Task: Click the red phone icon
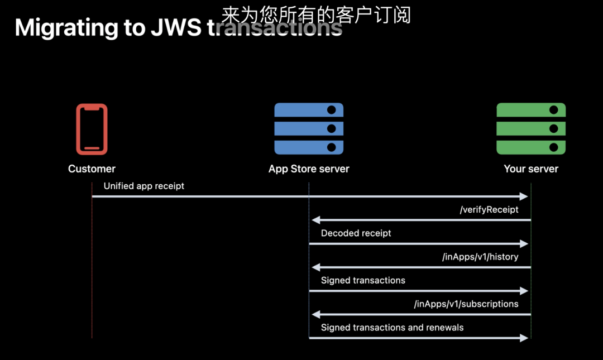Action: pos(92,129)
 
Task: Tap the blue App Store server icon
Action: pos(309,129)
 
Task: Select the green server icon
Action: pos(531,129)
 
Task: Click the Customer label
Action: pos(92,169)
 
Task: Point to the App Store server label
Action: pos(309,169)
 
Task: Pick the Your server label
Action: pos(531,169)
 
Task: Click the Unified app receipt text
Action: pos(144,186)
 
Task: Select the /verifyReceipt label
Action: pos(489,210)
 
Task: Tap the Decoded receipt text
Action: pos(356,233)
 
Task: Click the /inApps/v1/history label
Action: pos(480,257)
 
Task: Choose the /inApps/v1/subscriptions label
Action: pos(466,304)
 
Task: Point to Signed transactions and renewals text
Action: pos(392,328)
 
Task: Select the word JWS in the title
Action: pos(176,28)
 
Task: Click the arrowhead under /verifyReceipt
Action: pos(315,220)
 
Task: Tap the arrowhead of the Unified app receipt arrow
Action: pos(524,196)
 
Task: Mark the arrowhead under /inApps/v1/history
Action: pos(315,267)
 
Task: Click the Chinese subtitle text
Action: pos(316,15)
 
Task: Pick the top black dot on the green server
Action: pos(554,110)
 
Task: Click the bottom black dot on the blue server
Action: pos(331,147)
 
